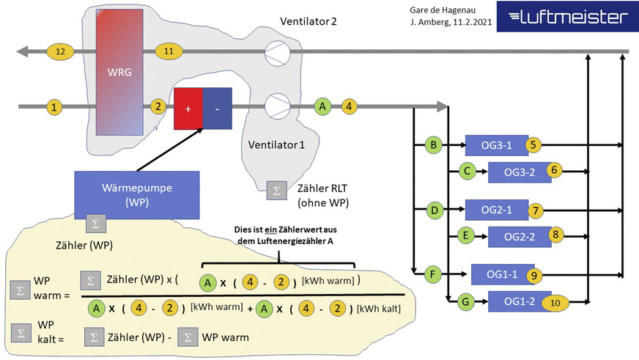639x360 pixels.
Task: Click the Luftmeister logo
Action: tap(566, 18)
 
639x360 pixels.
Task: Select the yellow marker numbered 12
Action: tap(60, 51)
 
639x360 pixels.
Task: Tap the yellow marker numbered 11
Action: tap(169, 51)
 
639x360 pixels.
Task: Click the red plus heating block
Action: tap(188, 108)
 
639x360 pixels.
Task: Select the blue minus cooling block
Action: tap(216, 108)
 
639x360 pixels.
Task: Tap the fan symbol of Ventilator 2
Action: tap(276, 51)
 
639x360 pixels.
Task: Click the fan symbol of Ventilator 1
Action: tap(276, 107)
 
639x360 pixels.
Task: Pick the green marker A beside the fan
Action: tap(322, 107)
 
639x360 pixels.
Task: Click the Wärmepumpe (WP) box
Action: tap(138, 193)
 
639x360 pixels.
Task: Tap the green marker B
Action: tap(434, 146)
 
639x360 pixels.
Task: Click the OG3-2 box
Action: tap(516, 172)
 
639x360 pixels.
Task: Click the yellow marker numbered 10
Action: tap(555, 301)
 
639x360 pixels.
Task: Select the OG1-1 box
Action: tap(502, 275)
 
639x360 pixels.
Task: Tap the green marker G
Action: tap(463, 301)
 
